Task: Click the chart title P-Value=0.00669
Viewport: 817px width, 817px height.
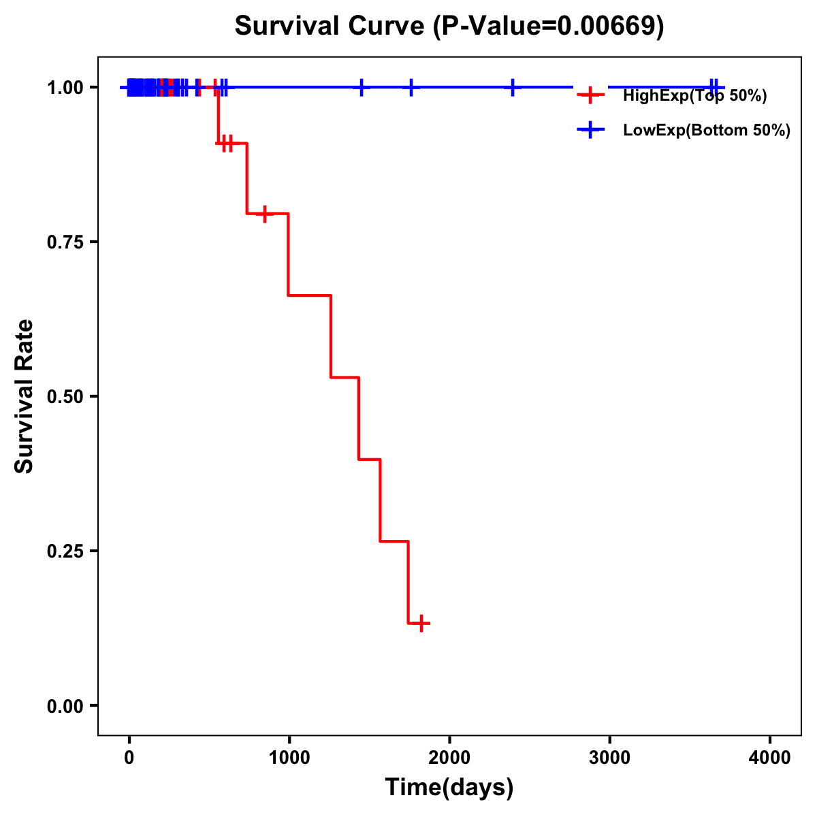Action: [449, 26]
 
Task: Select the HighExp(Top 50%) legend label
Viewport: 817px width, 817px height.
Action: [694, 96]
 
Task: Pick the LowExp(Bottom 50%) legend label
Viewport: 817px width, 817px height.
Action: [707, 131]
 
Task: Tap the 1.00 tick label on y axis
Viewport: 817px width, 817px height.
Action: [65, 88]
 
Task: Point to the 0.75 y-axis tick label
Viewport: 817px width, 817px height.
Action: [65, 242]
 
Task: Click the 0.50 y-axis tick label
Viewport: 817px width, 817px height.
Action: [65, 397]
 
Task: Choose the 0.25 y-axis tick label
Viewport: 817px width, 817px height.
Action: [65, 551]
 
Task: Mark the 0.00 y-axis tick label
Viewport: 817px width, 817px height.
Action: [65, 706]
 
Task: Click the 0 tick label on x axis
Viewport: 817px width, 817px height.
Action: [129, 758]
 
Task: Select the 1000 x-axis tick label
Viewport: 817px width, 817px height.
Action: [289, 758]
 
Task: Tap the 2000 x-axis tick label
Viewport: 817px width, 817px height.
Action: [449, 758]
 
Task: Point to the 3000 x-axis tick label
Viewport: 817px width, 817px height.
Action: [609, 758]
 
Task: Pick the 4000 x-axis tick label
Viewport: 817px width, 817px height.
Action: [770, 758]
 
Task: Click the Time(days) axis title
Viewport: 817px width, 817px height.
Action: [449, 788]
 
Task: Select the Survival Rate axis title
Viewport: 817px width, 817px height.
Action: [25, 396]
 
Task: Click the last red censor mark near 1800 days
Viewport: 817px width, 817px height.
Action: [422, 623]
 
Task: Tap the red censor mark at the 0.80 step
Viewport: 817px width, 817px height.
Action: [265, 214]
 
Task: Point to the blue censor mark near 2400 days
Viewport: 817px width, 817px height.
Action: [513, 87]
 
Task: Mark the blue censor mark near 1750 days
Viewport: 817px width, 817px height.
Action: [411, 87]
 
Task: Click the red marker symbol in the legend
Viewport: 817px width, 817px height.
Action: [590, 95]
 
